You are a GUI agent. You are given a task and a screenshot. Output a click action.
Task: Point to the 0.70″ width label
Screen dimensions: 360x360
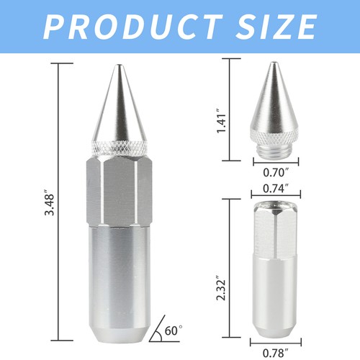pyautogui.click(x=276, y=174)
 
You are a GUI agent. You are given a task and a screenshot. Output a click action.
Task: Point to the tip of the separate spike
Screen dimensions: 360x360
pyautogui.click(x=276, y=64)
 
